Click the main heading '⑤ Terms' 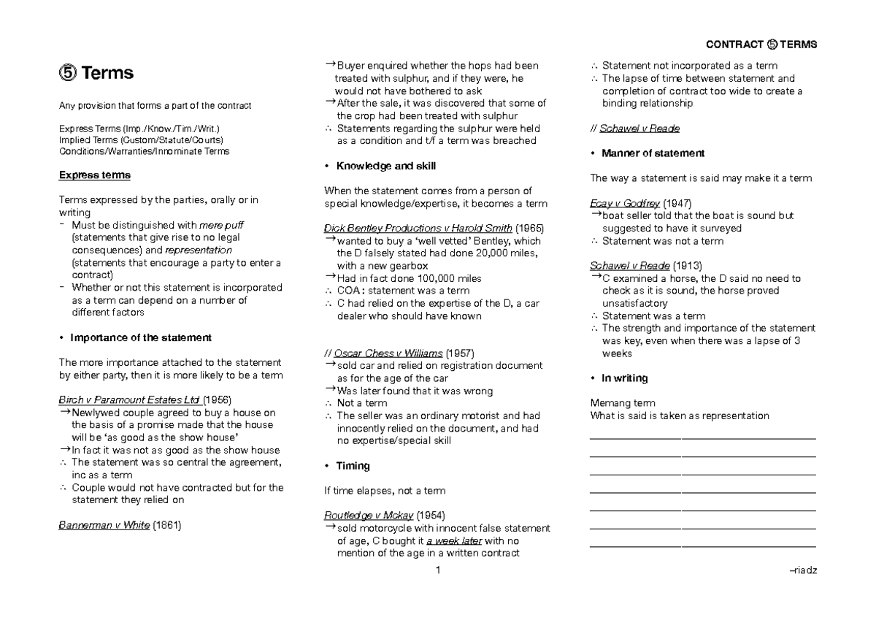point(96,74)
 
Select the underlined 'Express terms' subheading point(95,175)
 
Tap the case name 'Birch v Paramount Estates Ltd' point(129,399)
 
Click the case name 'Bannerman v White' point(104,525)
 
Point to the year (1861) point(167,525)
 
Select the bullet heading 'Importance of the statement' point(140,337)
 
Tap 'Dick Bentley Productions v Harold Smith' point(419,229)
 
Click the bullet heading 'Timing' point(353,466)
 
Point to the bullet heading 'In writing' point(624,378)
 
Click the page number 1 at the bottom point(437,570)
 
